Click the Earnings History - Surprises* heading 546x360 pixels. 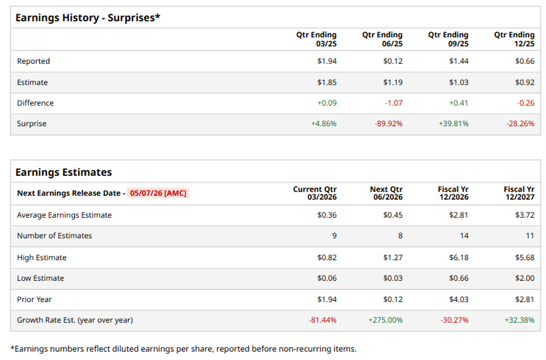87,18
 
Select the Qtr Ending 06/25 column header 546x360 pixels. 382,39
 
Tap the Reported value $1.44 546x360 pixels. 459,61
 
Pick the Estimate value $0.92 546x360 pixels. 524,83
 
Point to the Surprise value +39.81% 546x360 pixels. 453,124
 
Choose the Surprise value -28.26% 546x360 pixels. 520,124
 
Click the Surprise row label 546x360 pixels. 32,124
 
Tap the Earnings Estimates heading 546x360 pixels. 63,172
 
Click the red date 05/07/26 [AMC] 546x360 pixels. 158,193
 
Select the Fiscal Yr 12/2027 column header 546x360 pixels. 519,193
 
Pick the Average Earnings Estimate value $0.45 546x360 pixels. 393,215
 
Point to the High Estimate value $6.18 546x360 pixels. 459,257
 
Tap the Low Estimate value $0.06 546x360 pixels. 327,278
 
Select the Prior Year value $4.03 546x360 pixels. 459,299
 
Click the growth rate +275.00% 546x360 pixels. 386,320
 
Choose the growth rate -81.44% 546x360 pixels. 321,320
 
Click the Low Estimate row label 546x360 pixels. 40,278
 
